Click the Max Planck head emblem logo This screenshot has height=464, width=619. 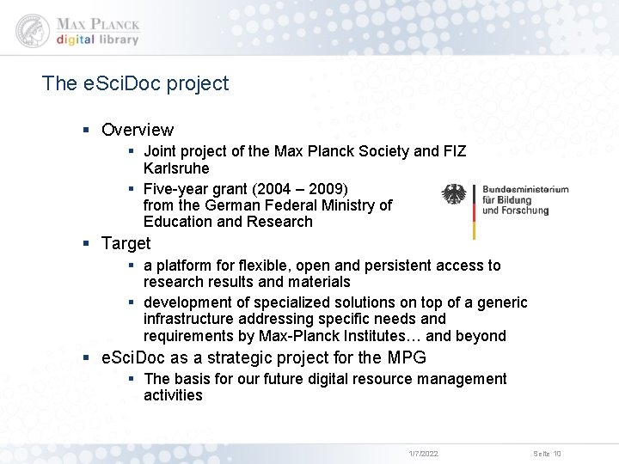(x=32, y=30)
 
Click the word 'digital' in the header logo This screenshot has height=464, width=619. (x=77, y=40)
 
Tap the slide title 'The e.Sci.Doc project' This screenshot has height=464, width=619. (x=135, y=83)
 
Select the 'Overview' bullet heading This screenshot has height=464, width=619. (x=138, y=130)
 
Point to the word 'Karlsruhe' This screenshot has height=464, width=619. (x=176, y=168)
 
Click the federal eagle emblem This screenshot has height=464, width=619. (x=454, y=194)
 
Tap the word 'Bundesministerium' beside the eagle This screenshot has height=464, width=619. (x=525, y=189)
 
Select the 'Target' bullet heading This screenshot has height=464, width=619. (x=126, y=243)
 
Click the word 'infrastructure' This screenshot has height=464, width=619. (x=187, y=320)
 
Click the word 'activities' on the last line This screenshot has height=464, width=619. (x=173, y=395)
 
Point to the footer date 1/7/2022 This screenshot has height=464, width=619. (x=424, y=453)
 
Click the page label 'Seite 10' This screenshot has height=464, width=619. (x=547, y=453)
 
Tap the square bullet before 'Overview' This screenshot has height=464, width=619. (x=87, y=130)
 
